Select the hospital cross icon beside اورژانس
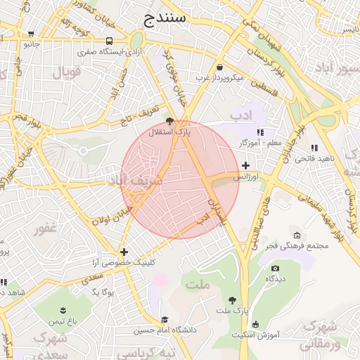(x=245, y=166)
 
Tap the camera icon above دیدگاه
(x=275, y=268)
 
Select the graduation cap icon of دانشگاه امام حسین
(x=165, y=319)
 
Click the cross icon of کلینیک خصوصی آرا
(x=124, y=251)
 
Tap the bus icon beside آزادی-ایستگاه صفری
(x=109, y=41)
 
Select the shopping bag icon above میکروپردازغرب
(x=220, y=67)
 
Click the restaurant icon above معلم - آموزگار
(x=260, y=131)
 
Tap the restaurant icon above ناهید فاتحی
(x=314, y=148)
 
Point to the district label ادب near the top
(x=240, y=113)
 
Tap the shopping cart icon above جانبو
(x=31, y=33)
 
